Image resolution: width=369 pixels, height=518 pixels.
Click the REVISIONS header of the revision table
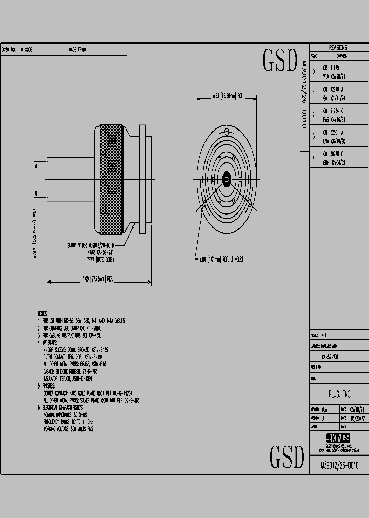tap(337, 47)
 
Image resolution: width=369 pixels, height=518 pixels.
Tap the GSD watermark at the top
tap(280, 61)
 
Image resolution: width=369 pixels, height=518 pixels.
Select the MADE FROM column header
tap(78, 50)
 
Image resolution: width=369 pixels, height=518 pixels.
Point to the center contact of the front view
tap(227, 179)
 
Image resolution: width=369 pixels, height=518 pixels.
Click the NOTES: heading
tap(43, 313)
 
